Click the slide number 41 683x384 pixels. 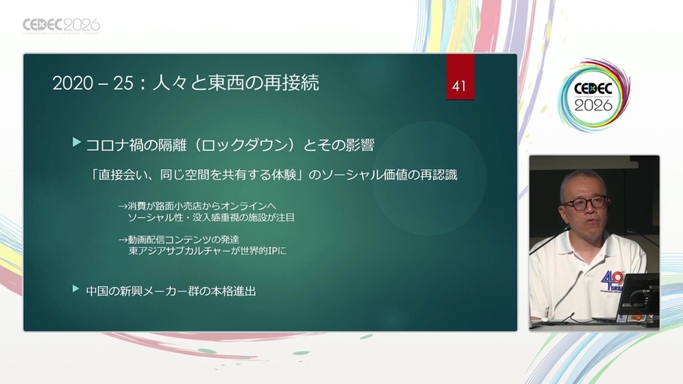tap(459, 86)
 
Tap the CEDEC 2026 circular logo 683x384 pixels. tap(594, 95)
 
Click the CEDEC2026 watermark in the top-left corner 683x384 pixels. tap(61, 26)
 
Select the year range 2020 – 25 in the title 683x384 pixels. tap(92, 83)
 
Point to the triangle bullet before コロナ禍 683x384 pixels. tap(77, 142)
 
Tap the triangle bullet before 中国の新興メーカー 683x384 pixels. tap(77, 289)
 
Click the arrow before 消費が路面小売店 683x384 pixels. tap(123, 206)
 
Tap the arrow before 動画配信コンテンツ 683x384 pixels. tap(123, 240)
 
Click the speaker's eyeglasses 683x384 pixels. tap(584, 202)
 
